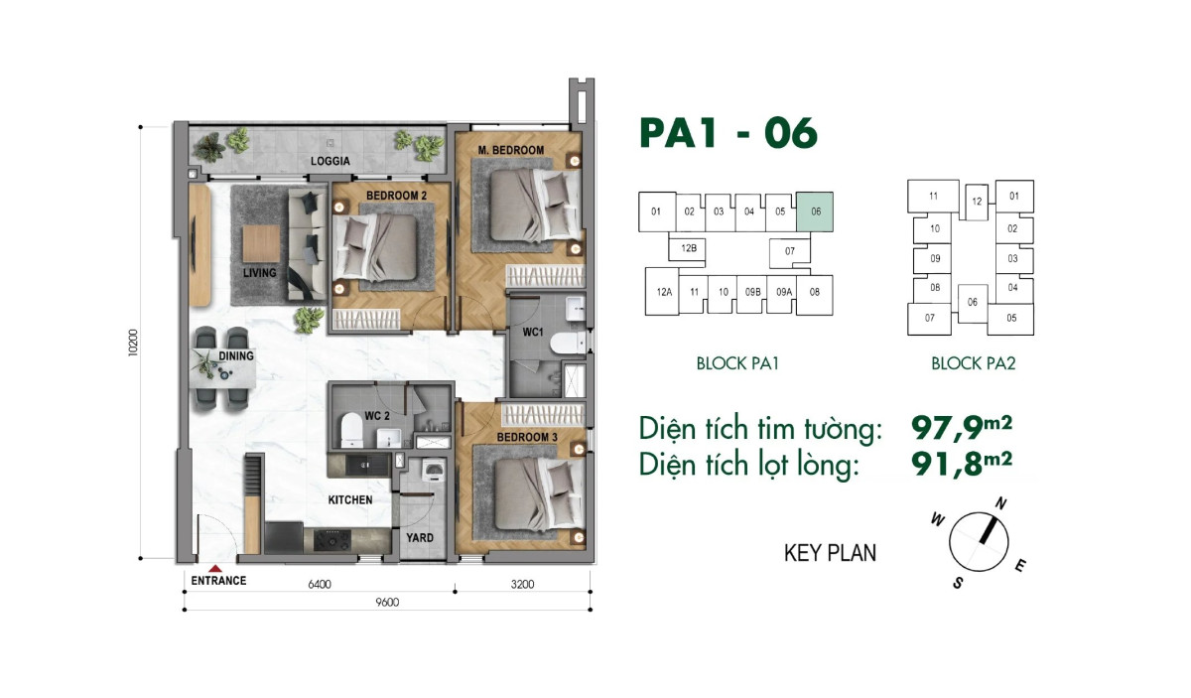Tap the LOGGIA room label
(x=329, y=160)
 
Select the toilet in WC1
(x=564, y=345)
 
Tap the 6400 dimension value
(x=319, y=584)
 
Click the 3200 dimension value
(x=522, y=584)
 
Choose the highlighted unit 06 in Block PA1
(x=815, y=211)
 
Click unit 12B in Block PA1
(x=687, y=248)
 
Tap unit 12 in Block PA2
(x=977, y=201)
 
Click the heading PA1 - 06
(x=728, y=132)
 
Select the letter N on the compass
(x=1001, y=504)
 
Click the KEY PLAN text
(x=830, y=553)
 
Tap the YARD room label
(x=418, y=537)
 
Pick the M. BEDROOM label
(x=510, y=150)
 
